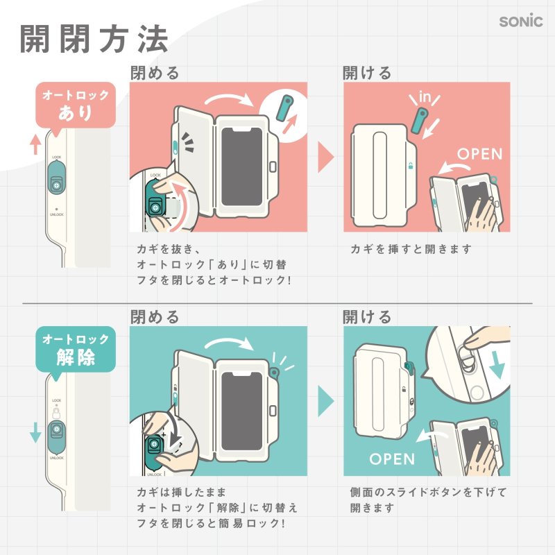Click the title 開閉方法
coord(94,40)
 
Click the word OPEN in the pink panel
coord(479,153)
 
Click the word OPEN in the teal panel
coord(392,459)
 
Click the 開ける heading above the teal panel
coord(368,317)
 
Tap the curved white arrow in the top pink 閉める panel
coord(232,98)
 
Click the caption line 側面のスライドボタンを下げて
coord(429,493)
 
